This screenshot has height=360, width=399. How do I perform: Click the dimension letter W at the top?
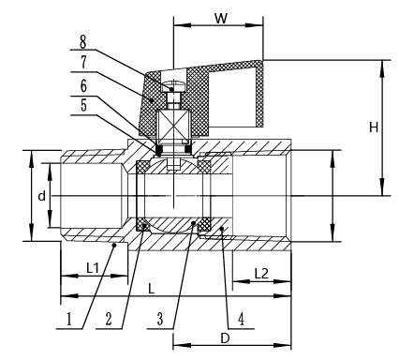point(221,19)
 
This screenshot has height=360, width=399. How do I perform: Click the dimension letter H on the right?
point(374,127)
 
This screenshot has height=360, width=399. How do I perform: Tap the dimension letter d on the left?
point(41,196)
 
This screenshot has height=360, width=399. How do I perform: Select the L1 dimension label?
point(93,268)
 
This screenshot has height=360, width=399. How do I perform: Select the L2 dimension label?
point(261,274)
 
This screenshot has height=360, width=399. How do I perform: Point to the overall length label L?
point(151,289)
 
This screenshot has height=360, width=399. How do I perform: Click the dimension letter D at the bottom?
point(225,338)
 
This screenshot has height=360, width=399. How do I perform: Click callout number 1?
point(69,320)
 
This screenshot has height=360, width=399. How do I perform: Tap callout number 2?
point(109,320)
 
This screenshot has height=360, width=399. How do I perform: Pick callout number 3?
point(160,320)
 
